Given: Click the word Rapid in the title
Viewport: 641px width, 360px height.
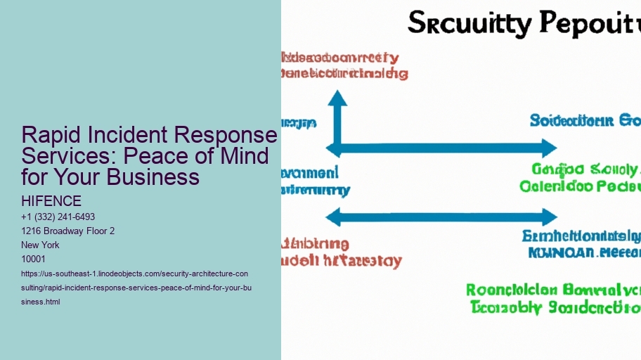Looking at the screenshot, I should [50, 135].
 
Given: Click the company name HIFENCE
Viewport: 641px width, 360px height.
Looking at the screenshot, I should [51, 201].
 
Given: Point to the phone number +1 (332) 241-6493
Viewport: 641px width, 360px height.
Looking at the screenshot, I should [58, 217].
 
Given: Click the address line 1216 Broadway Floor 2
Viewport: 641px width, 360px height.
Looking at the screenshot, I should [68, 231].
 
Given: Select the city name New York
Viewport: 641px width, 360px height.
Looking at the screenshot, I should [41, 245].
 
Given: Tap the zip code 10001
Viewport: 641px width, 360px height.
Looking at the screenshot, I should [34, 259].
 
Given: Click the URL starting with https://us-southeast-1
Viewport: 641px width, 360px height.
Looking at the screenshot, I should [134, 287].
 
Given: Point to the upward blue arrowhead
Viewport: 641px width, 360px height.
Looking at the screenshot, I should [338, 98].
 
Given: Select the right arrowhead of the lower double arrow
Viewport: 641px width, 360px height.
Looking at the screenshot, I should [549, 217].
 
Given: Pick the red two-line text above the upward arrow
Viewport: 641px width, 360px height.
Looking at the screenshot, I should [342, 65].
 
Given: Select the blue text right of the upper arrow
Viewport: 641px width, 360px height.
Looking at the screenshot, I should [584, 121].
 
